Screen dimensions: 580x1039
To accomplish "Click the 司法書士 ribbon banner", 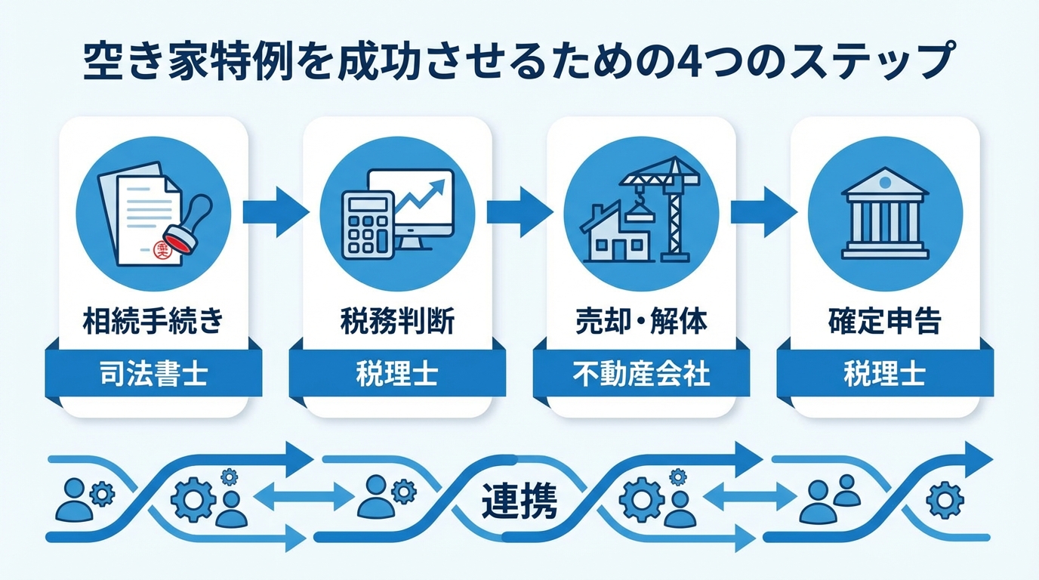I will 153,374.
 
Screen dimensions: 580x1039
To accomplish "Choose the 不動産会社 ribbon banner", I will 641,374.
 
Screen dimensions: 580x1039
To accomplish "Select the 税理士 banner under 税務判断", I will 397,374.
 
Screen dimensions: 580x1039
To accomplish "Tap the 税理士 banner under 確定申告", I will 885,374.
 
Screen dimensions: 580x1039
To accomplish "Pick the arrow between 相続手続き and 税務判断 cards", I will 275,212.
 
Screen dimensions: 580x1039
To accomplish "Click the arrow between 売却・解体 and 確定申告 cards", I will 763,212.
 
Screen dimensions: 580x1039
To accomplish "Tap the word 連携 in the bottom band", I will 519,501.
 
